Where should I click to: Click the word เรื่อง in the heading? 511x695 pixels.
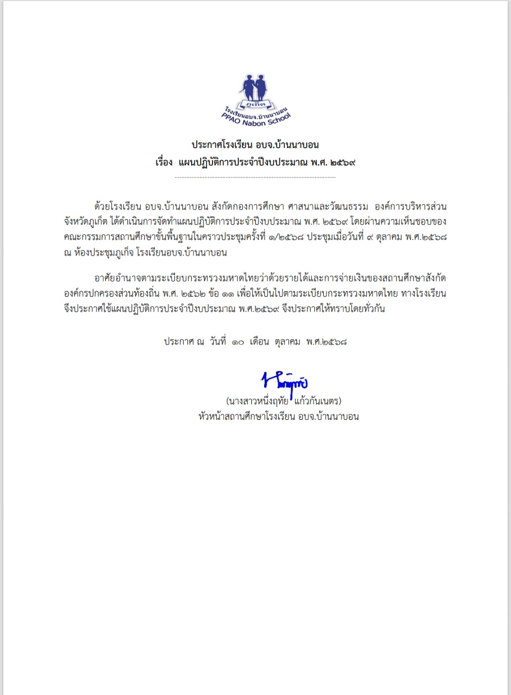(164, 163)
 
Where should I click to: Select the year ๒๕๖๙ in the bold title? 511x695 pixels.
(342, 163)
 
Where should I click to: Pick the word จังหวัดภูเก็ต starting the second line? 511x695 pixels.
(86, 222)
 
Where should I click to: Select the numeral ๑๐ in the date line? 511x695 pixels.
(238, 342)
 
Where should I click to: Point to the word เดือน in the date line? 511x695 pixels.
(259, 342)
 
